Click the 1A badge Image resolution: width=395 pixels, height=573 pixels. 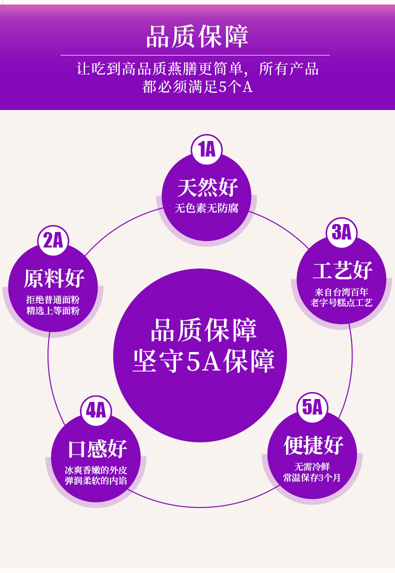tap(206, 149)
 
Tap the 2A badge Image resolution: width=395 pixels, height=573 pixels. tap(53, 240)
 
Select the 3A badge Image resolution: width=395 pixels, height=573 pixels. tap(342, 232)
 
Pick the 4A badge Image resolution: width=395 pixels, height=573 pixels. tap(96, 410)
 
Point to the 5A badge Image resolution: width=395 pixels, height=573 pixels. tap(312, 407)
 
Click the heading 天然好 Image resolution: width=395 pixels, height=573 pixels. tap(207, 188)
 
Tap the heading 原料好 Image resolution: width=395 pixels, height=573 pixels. tap(54, 278)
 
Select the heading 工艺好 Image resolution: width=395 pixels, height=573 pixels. tap(342, 271)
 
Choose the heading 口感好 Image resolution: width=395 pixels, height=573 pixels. tap(97, 449)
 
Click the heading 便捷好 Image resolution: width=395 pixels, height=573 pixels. tap(313, 445)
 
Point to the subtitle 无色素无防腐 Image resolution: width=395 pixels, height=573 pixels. tap(206, 208)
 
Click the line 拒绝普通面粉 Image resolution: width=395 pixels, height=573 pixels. tap(53, 300)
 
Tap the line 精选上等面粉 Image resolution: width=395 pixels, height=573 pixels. tap(53, 311)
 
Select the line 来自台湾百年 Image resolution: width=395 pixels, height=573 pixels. tap(341, 292)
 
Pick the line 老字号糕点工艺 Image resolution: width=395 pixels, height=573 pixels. tap(341, 303)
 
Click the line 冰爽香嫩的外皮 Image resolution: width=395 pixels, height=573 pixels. tap(96, 470)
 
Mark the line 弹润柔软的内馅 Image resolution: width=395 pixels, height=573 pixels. tap(96, 481)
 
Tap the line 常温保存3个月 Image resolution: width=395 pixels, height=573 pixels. tap(312, 478)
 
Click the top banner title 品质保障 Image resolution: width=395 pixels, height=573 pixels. tap(197, 36)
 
